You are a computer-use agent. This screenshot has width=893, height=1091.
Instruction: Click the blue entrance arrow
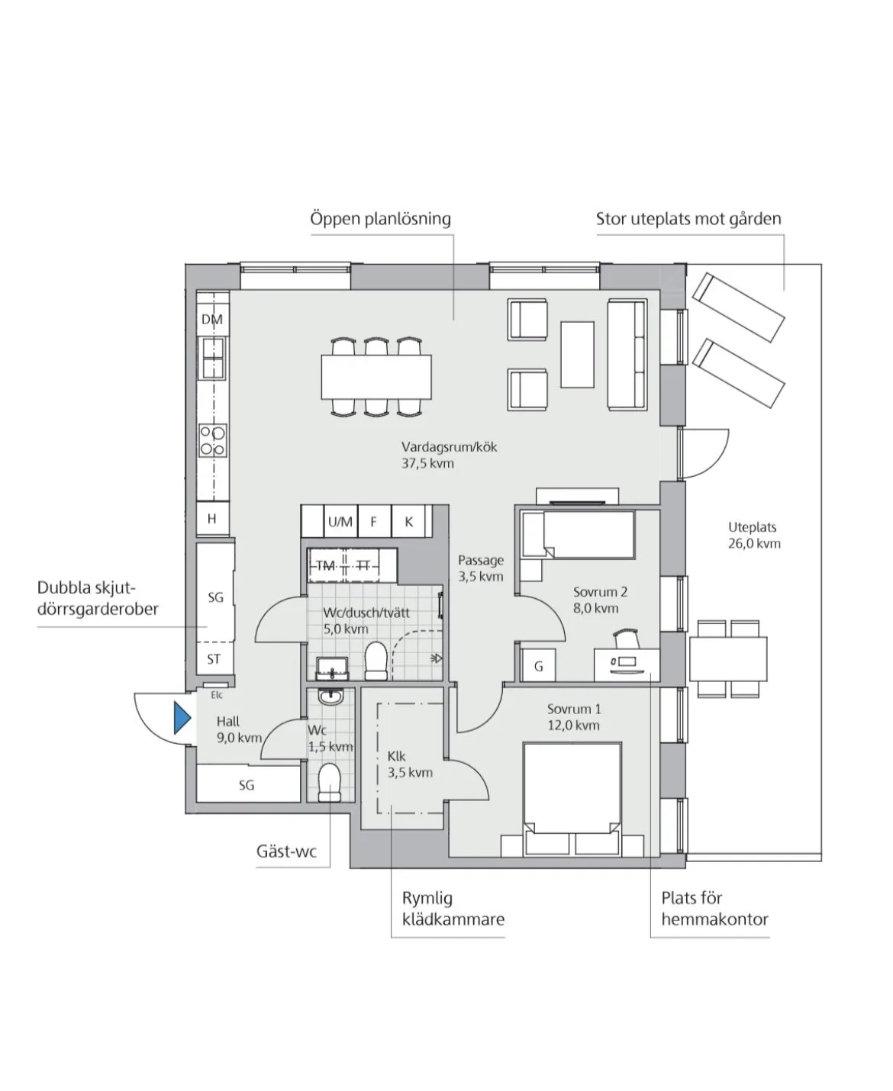tap(182, 717)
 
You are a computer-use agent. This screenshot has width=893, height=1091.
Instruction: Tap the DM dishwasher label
tap(212, 319)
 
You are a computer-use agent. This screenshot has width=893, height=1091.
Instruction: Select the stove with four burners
tap(213, 440)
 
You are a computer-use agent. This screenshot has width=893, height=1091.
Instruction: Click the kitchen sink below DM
tap(213, 358)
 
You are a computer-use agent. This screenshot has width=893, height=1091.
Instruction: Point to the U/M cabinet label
tap(340, 522)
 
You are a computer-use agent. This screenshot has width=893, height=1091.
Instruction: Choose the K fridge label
tap(409, 522)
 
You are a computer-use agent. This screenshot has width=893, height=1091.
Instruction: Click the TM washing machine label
tap(326, 566)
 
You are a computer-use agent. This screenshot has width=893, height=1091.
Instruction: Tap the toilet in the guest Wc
tap(329, 782)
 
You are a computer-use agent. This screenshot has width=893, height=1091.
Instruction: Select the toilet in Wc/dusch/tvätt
tap(376, 661)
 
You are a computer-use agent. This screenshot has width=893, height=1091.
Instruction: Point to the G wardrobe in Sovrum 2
tap(538, 666)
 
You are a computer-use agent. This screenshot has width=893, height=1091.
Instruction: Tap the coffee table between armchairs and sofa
tap(577, 354)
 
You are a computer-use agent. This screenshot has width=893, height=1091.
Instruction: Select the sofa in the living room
tap(627, 354)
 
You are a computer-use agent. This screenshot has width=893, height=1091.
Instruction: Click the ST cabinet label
tap(214, 659)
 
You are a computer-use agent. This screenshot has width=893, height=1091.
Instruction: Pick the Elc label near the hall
tap(217, 695)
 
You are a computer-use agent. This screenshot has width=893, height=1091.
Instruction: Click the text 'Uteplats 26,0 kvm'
tap(754, 536)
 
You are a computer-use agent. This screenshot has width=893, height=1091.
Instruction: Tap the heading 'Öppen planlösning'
tap(381, 219)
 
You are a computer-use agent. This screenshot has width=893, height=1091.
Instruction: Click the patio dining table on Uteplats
tap(727, 659)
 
